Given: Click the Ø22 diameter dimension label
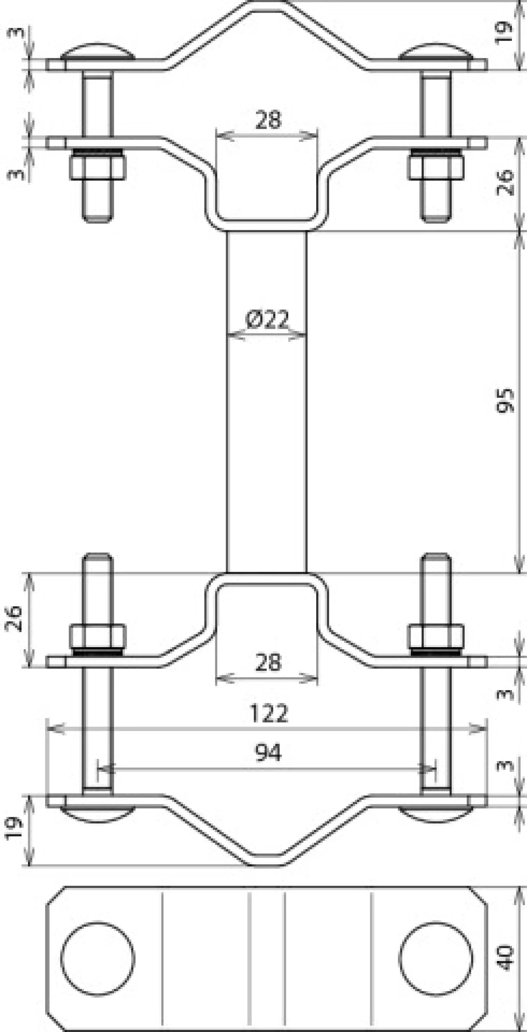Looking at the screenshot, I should [267, 320].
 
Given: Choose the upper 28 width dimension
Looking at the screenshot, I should [268, 120].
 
